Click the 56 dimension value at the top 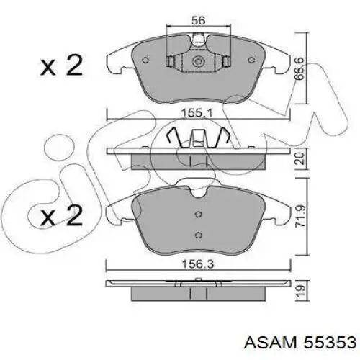[198, 20]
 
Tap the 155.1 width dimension [197, 113]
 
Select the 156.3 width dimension [198, 264]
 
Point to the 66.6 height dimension [300, 68]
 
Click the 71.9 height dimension [300, 216]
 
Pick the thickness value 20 [300, 159]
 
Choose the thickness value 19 [300, 290]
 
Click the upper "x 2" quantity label [61, 66]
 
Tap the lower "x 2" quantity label [61, 215]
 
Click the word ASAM [271, 342]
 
